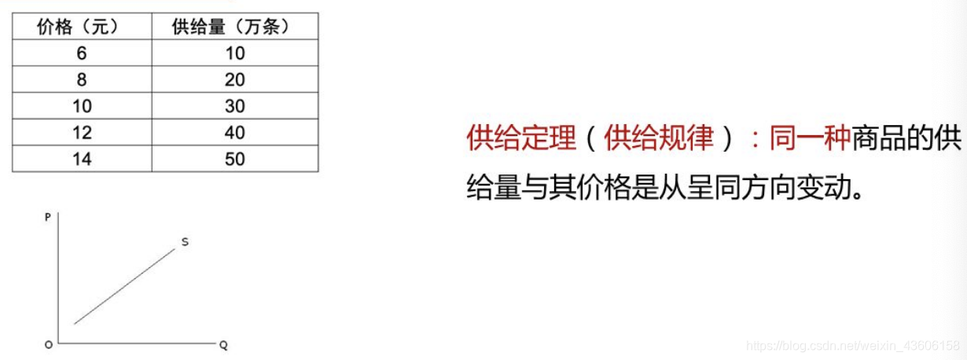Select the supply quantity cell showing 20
234,79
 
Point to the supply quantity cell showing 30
234,106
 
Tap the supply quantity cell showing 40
234,132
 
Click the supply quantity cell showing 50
234,159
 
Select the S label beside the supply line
185,242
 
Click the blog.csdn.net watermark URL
852,346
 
